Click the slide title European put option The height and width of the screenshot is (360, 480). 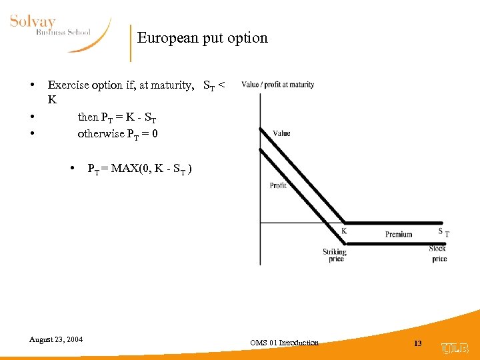point(202,38)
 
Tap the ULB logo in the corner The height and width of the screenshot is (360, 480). point(455,347)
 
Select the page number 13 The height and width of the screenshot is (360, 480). point(418,343)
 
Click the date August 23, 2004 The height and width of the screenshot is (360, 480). point(56,339)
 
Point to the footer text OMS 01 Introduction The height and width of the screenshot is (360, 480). point(285,343)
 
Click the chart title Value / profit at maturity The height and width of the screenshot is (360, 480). point(277,85)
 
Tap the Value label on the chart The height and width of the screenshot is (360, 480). point(281,133)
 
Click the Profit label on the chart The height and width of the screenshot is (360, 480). point(278,185)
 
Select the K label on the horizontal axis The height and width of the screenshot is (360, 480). point(344,231)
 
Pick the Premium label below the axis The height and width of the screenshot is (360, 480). point(399,234)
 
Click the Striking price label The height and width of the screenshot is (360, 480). point(335,255)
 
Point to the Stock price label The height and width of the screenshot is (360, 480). point(438,253)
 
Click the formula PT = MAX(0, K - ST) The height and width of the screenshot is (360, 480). point(140,169)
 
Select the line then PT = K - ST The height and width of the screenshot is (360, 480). point(117,117)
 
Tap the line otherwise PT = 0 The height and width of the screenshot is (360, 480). point(118,133)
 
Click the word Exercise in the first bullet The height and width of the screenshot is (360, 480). point(67,85)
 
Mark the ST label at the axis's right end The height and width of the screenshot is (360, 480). point(443,232)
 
